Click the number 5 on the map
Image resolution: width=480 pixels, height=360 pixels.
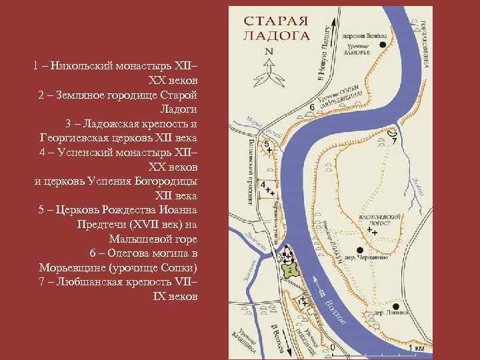pyautogui.click(x=267, y=144)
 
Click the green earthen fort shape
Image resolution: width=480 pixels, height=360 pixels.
pyautogui.click(x=289, y=269)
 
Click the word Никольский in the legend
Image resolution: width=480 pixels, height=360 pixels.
pyautogui.click(x=80, y=66)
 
